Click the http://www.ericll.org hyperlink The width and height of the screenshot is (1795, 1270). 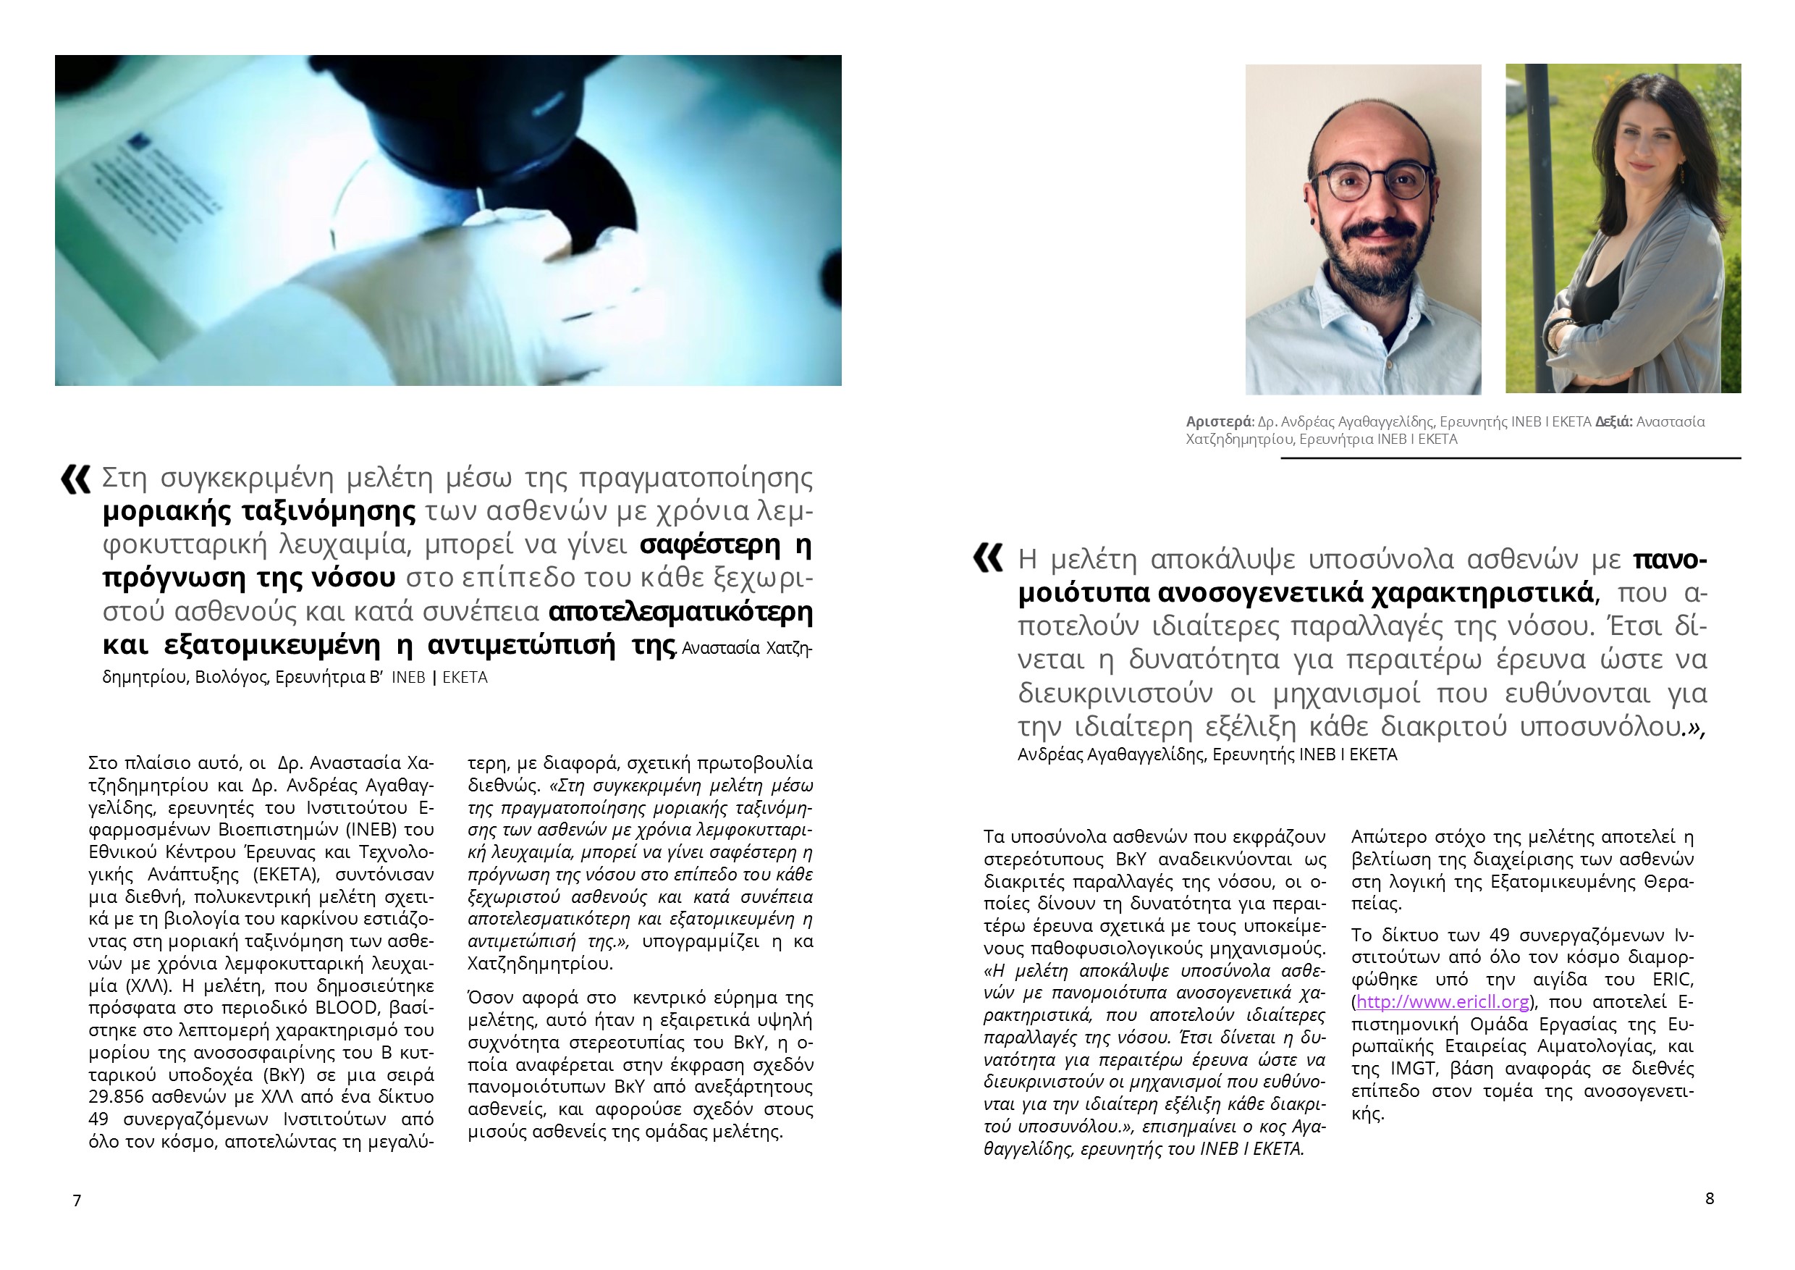point(1443,1002)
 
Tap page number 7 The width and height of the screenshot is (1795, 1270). point(77,1200)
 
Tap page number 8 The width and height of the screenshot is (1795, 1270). point(1709,1198)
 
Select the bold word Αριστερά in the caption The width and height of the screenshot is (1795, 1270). point(1219,422)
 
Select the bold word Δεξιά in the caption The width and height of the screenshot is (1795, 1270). point(1613,422)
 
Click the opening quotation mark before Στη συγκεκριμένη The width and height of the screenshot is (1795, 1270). point(75,479)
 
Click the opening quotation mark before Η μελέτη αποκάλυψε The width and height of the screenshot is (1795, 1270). point(987,559)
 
